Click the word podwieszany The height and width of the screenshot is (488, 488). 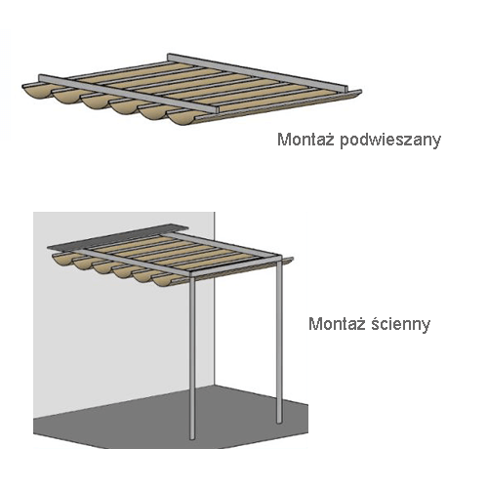click(390, 141)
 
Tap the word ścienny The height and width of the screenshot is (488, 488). click(400, 323)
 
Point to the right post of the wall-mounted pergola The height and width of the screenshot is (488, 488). click(279, 339)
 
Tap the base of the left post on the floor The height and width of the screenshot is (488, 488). click(192, 438)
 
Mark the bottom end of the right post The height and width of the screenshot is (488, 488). click(279, 422)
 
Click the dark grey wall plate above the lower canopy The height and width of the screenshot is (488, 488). click(118, 237)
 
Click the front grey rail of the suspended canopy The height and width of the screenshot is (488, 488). click(128, 94)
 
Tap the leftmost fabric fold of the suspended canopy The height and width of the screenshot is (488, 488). click(36, 92)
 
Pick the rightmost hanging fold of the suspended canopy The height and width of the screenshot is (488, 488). click(183, 118)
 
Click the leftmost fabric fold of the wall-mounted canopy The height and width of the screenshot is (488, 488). click(63, 261)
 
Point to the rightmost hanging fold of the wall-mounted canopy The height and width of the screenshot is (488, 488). click(164, 281)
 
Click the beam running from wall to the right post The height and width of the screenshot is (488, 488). click(224, 245)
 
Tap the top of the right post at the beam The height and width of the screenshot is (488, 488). click(279, 257)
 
